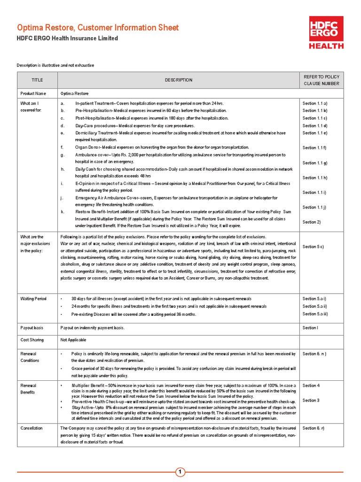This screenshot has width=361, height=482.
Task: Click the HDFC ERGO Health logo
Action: [326, 32]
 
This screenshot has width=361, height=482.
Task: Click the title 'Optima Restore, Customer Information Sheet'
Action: [98, 28]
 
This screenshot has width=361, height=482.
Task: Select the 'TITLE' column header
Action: [37, 80]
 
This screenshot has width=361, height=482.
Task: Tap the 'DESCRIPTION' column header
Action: [178, 80]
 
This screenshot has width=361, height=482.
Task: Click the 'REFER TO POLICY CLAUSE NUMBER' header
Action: [322, 80]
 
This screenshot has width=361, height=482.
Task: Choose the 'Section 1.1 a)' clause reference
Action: [315, 103]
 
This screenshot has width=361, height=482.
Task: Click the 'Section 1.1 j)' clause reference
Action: [315, 207]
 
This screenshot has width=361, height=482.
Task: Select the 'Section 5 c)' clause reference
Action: [313, 247]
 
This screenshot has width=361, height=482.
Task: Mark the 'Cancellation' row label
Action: [31, 428]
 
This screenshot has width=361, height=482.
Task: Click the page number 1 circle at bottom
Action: [180, 472]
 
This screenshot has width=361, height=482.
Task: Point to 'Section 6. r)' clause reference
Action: [314, 428]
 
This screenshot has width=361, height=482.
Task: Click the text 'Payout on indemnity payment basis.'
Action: [93, 328]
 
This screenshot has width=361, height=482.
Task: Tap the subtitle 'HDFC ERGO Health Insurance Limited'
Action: [68, 39]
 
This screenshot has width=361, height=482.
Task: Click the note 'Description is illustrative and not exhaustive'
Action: [56, 64]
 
